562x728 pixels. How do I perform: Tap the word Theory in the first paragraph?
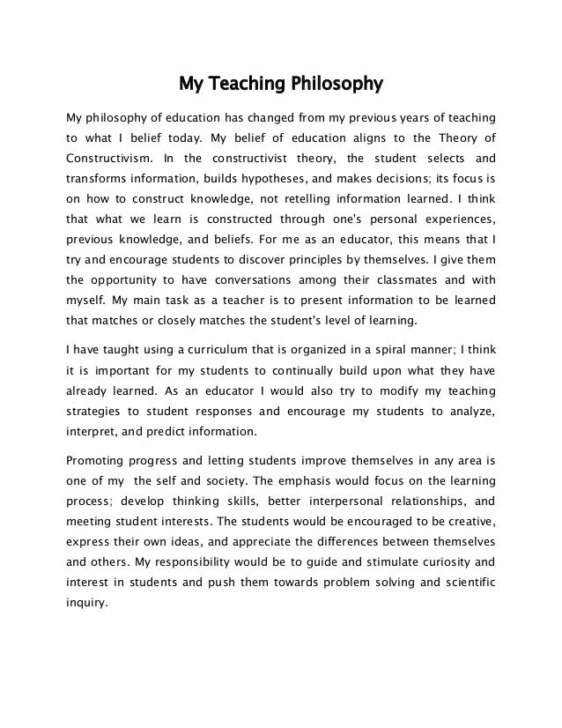(448, 136)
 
